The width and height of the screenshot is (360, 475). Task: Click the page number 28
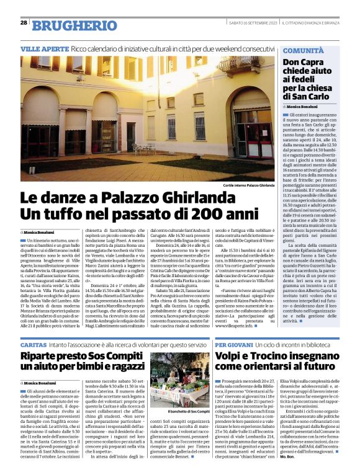coord(23,22)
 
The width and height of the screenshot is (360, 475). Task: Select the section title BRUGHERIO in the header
coord(65,25)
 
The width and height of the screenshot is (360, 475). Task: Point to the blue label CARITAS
coord(34,343)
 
